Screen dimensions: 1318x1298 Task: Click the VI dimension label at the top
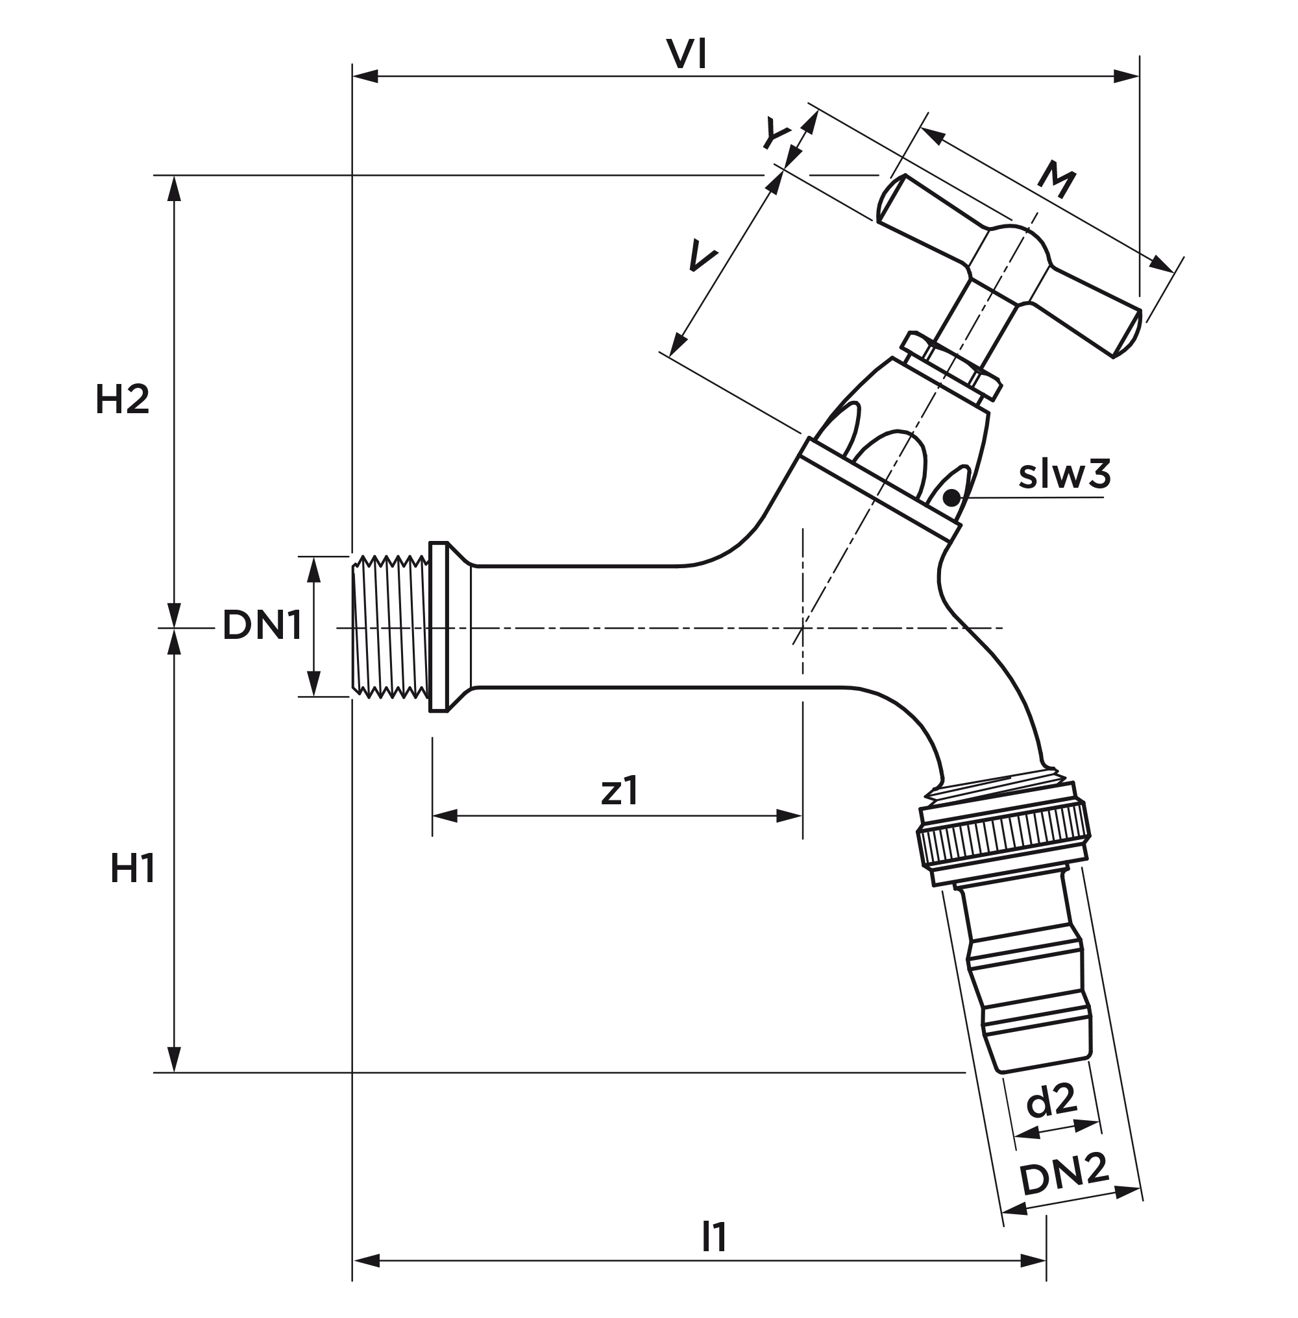687,54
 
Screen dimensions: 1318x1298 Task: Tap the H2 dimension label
122,400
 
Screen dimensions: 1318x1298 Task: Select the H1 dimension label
132,870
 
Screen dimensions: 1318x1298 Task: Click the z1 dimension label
619,791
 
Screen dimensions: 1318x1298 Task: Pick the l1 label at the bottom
714,1238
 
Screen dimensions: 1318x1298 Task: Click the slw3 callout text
1064,474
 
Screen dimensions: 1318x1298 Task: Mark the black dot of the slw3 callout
951,498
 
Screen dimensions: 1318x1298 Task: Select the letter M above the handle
1056,180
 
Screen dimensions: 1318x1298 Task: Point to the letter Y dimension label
776,134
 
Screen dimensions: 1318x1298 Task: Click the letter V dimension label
702,256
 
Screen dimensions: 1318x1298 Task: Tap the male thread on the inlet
391,627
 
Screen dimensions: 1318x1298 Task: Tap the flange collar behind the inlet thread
439,627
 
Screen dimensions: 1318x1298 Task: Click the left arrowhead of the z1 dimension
444,816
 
